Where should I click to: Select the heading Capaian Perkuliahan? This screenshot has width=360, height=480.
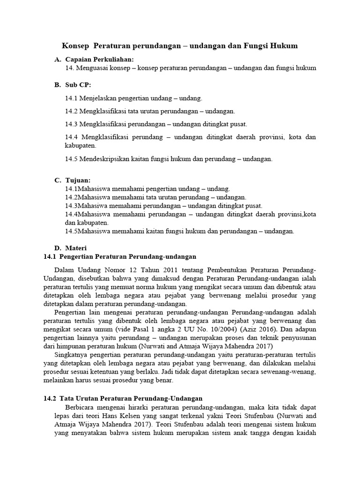[x=99, y=60]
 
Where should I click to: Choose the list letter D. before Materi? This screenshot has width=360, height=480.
[x=58, y=248]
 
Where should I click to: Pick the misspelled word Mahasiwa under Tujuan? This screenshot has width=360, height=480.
[x=93, y=206]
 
